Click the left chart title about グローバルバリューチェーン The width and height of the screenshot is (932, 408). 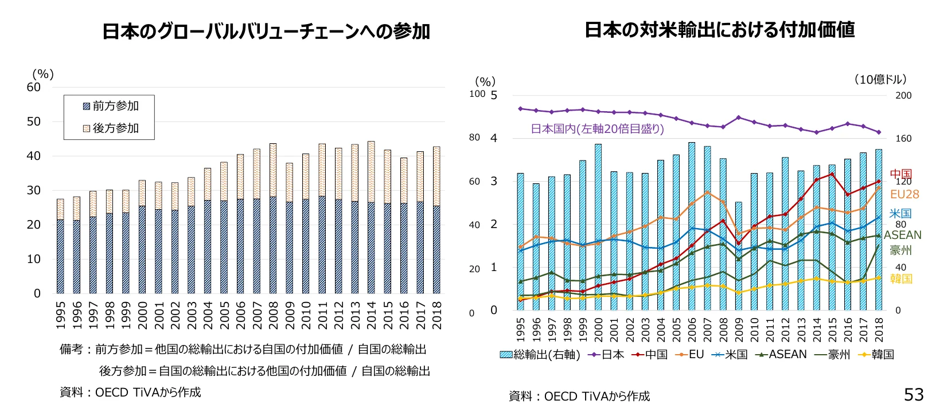click(266, 32)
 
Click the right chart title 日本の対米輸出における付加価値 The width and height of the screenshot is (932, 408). click(719, 30)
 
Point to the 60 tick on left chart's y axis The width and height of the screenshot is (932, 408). click(34, 88)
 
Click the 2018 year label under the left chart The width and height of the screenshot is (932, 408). click(437, 315)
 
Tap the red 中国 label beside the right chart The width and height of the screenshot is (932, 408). click(900, 174)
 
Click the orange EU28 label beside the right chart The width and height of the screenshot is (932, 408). click(904, 194)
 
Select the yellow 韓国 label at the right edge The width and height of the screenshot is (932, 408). click(901, 278)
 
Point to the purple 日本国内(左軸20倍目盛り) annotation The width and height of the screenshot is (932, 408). click(597, 129)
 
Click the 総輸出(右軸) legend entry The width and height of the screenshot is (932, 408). click(539, 355)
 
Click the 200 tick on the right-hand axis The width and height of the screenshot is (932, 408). click(903, 96)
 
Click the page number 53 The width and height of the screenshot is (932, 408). click(914, 394)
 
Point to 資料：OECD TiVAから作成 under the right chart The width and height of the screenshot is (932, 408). click(579, 396)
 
